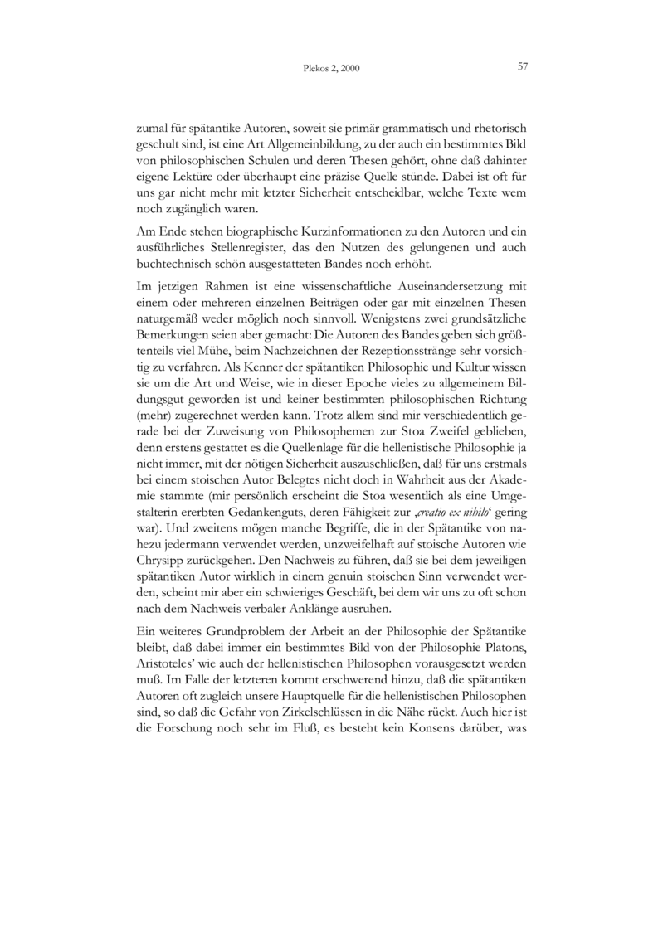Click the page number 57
pyautogui.click(x=523, y=66)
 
